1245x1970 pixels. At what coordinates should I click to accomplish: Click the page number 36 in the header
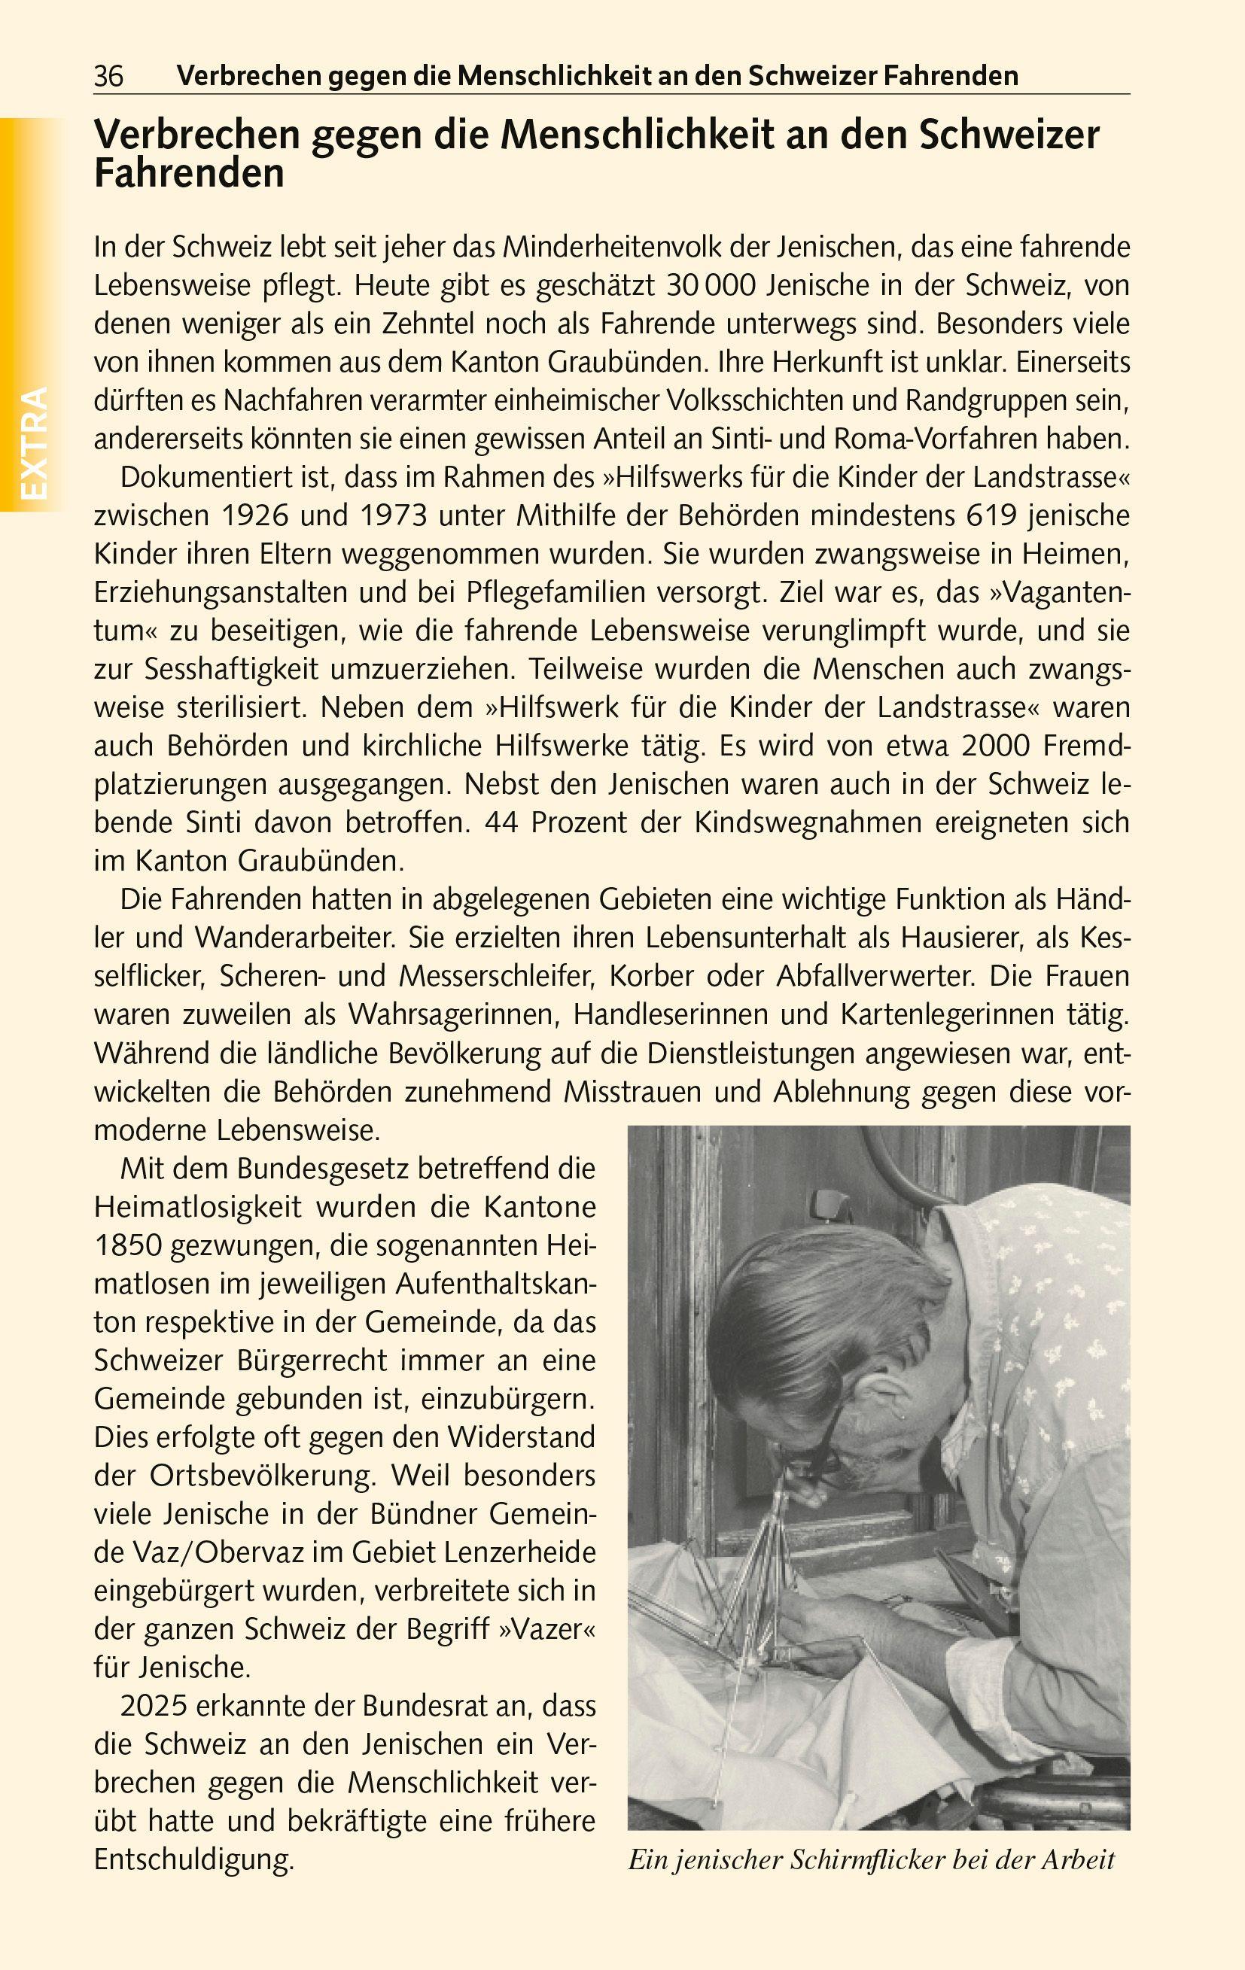[x=109, y=77]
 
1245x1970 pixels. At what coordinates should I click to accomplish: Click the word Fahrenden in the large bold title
[x=189, y=175]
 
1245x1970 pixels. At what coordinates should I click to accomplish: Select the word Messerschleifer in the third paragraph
[x=498, y=977]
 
